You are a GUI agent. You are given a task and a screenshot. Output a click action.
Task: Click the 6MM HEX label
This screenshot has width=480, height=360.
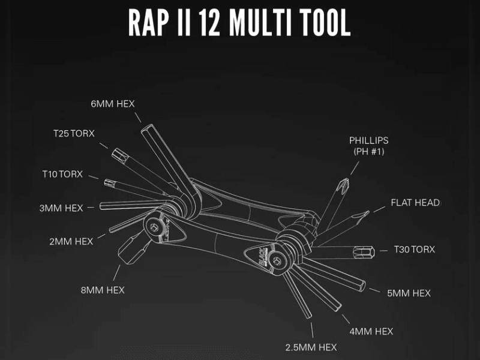tap(113, 104)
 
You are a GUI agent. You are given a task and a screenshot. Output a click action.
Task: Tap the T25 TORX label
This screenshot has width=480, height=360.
tap(74, 133)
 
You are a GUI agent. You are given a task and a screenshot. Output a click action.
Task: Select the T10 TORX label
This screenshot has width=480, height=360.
tap(62, 174)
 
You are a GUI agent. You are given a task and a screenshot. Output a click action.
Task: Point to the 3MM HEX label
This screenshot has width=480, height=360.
tap(61, 208)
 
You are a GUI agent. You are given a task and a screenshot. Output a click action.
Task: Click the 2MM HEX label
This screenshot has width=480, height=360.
tap(71, 241)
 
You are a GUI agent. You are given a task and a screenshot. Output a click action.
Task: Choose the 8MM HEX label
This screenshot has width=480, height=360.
tap(103, 290)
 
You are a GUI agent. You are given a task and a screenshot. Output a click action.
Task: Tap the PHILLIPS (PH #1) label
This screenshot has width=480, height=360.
tap(369, 146)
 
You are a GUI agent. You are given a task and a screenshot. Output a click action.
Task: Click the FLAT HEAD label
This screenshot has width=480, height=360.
tap(415, 203)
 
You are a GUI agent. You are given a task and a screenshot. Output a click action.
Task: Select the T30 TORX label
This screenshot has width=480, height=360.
tap(415, 249)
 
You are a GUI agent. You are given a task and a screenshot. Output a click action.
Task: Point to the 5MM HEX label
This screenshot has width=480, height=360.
tap(409, 293)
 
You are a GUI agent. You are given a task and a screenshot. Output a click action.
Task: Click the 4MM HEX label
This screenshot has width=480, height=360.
tap(372, 331)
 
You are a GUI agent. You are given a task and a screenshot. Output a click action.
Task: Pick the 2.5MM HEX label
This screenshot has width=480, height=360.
tap(311, 347)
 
